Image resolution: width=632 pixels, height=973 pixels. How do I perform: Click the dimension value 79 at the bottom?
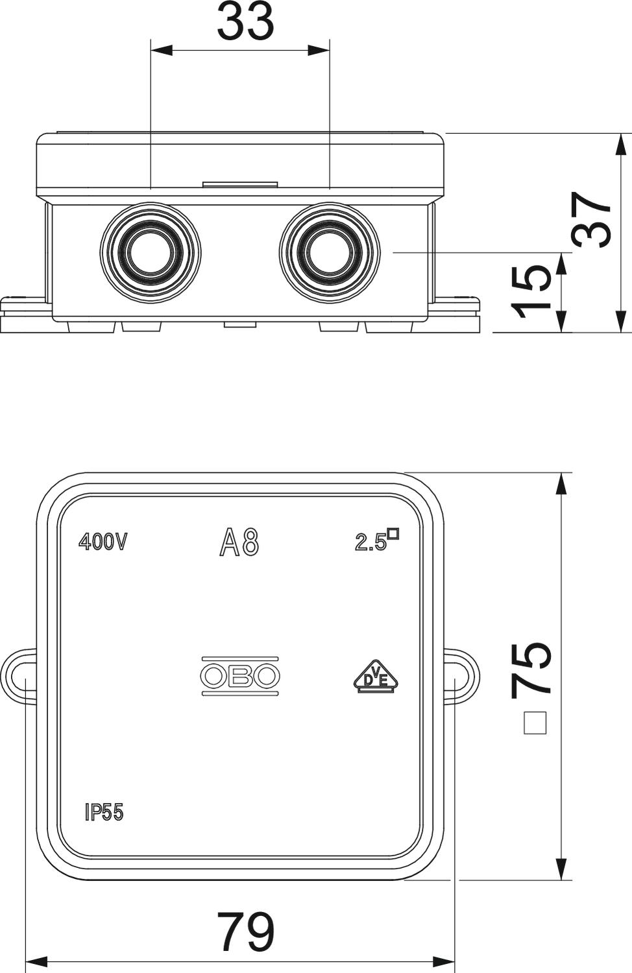click(245, 932)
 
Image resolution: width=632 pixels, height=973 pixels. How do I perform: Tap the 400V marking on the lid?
click(103, 542)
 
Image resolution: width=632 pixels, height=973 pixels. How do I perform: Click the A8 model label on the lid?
click(239, 542)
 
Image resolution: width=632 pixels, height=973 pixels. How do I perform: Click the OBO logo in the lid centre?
click(240, 675)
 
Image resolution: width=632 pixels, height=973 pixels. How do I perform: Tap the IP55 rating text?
click(104, 812)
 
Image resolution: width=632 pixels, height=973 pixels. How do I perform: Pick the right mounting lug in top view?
click(461, 676)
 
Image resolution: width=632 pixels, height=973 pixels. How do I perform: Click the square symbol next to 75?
click(535, 723)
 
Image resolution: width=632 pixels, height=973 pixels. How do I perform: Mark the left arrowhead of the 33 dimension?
click(162, 50)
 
